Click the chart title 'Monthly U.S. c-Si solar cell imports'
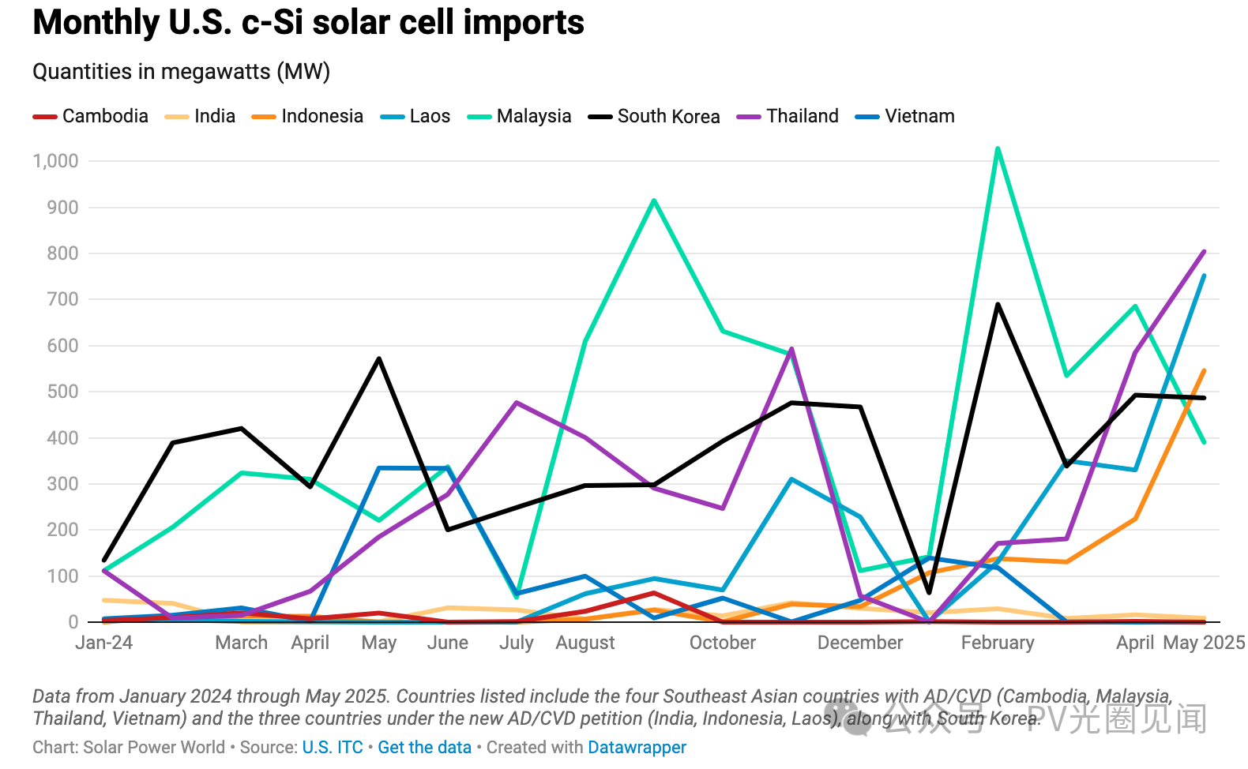point(308,22)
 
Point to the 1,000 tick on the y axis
point(55,161)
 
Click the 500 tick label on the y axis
point(62,392)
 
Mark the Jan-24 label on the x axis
point(103,643)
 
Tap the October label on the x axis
point(722,643)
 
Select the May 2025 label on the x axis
point(1204,643)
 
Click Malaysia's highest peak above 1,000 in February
point(998,148)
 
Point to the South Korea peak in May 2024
point(379,358)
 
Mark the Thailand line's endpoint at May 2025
point(1204,252)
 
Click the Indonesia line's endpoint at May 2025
point(1204,370)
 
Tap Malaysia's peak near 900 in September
point(654,201)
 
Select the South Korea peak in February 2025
point(998,304)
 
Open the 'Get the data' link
point(424,747)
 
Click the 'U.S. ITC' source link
point(333,747)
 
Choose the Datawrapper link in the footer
point(637,747)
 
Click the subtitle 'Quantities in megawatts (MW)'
point(181,72)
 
